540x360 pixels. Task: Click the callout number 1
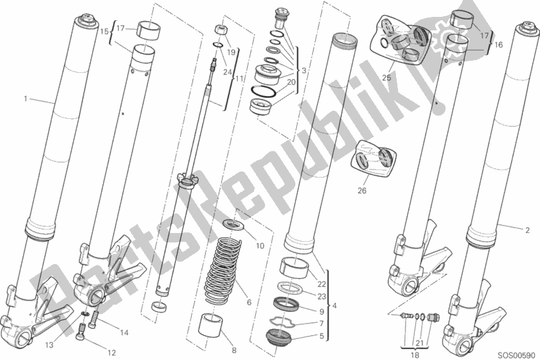coord(26,99)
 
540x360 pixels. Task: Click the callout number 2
coord(526,230)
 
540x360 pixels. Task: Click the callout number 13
coord(49,326)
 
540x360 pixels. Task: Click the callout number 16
coord(500,45)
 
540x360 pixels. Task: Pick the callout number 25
coord(386,78)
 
